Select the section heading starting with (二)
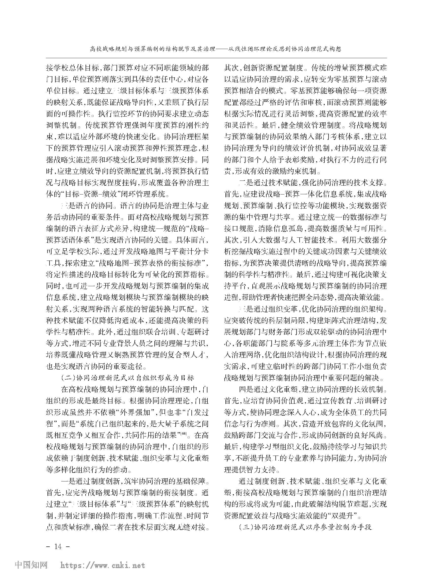coord(128,378)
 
